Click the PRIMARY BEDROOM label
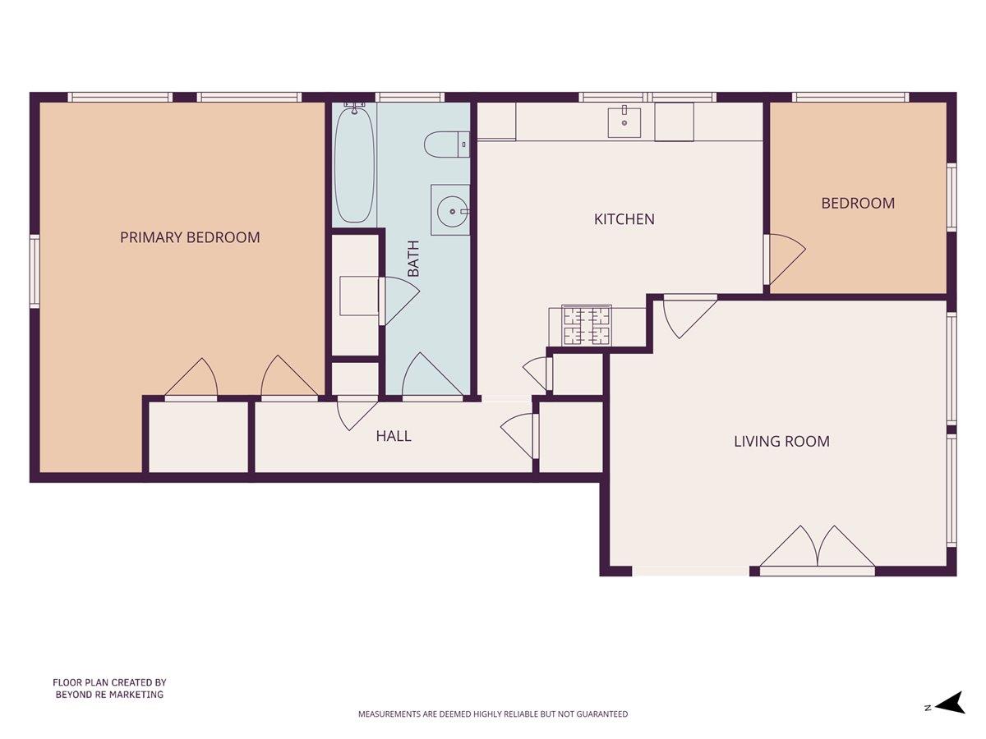point(190,237)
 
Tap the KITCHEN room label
point(624,219)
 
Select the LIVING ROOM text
point(781,441)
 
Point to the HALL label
point(394,436)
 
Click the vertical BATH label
point(413,259)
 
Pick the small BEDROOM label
point(858,203)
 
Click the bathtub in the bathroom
point(355,163)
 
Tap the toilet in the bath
point(446,144)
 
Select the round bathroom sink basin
point(453,211)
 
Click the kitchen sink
point(624,122)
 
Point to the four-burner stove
point(586,325)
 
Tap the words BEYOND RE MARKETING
point(109,695)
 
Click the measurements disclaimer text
point(493,714)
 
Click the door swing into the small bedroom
point(786,259)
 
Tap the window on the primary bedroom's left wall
point(35,272)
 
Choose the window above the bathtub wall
point(410,97)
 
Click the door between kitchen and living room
point(689,316)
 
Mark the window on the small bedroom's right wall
point(951,197)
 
